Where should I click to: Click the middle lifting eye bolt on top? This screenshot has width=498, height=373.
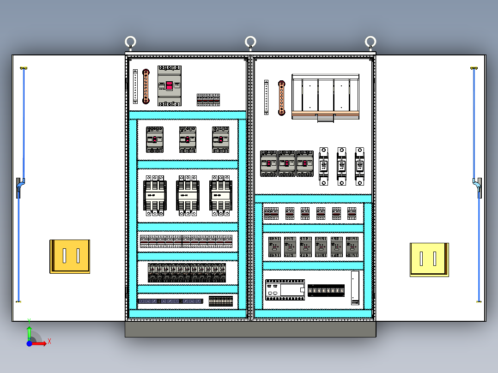tap(250, 42)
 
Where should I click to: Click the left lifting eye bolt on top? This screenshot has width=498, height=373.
tap(131, 42)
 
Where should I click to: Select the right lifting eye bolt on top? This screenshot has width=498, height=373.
tap(370, 42)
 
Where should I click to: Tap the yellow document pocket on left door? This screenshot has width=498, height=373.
tap(70, 256)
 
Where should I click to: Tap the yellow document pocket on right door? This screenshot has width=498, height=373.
tap(429, 259)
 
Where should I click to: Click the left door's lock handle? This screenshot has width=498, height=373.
tap(19, 187)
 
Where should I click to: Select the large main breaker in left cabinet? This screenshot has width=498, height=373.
tap(170, 86)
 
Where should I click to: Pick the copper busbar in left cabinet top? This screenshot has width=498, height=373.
tap(146, 86)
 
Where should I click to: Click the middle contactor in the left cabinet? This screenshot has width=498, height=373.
tap(188, 196)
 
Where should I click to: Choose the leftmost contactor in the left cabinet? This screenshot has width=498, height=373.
tap(154, 196)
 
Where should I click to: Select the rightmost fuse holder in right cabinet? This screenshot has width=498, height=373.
tap(359, 166)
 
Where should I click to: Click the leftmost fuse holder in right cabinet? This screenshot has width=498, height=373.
tap(324, 166)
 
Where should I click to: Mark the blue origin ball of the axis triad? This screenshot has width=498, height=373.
tap(30, 343)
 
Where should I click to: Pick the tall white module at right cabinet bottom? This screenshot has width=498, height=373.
tap(355, 288)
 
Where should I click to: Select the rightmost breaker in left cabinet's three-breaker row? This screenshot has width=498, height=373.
tap(221, 139)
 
